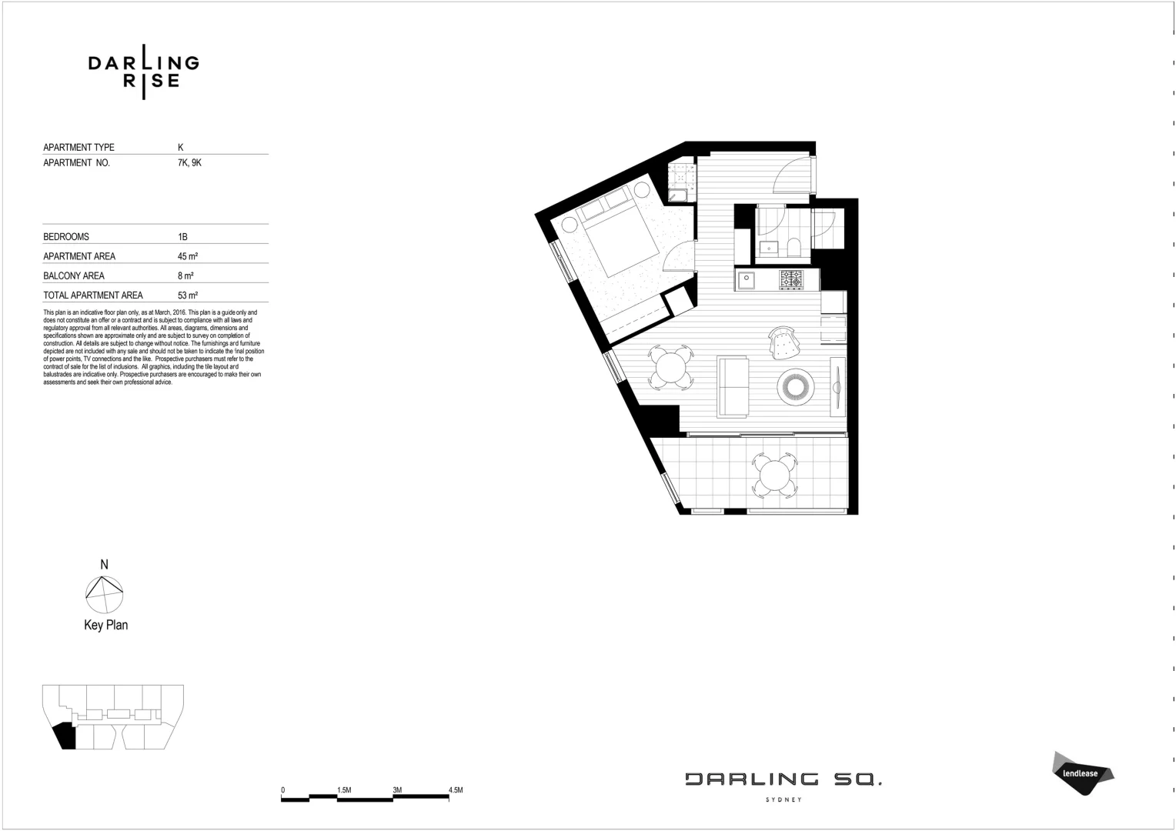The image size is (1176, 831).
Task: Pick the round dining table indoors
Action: pos(671,367)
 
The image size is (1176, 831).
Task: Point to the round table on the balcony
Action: pos(775,475)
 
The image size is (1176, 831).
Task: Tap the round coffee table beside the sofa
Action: pos(796,386)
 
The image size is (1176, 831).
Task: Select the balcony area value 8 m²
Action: pos(185,275)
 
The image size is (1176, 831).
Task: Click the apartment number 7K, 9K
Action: pos(189,163)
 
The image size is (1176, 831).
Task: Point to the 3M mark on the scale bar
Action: pos(397,790)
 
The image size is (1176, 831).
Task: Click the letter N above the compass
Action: pos(104,565)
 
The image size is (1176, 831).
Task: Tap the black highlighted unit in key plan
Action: pos(65,736)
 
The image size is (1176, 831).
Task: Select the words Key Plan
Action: pos(105,625)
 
